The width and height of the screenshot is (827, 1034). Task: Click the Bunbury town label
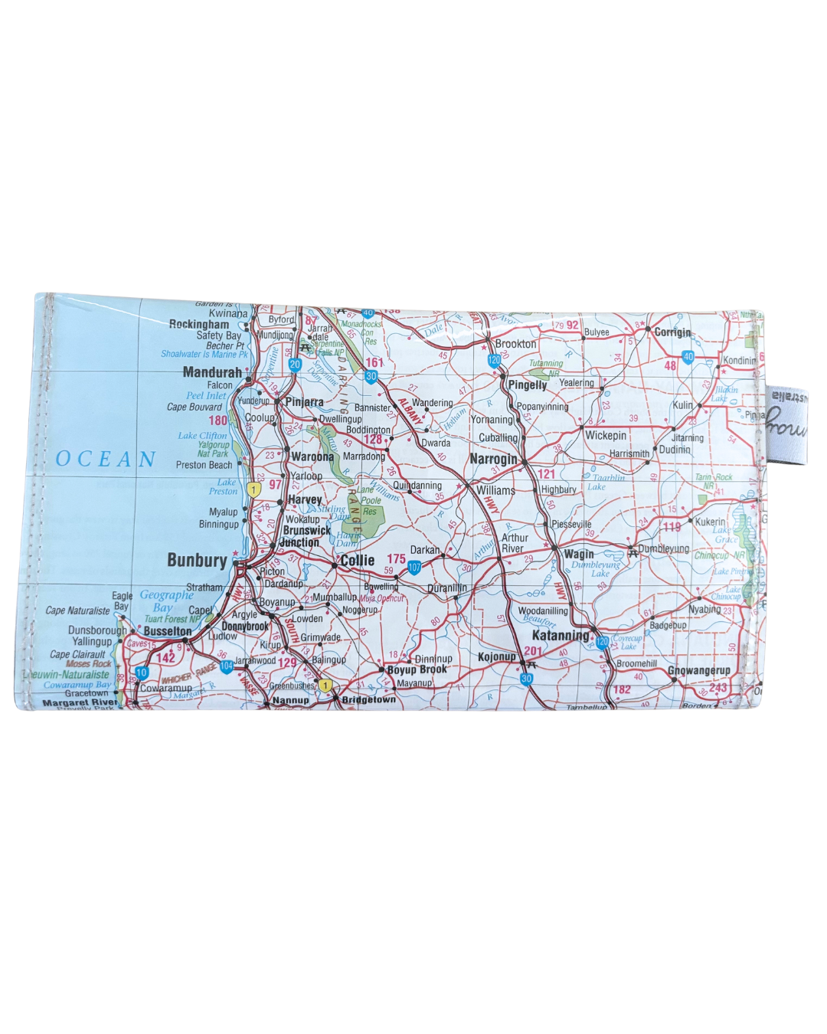coord(197,561)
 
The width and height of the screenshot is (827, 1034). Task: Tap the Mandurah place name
coord(212,372)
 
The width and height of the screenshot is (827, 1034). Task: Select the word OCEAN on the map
coord(106,459)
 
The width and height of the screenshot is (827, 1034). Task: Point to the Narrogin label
coord(493,459)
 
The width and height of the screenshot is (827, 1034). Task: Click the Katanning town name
coord(561,636)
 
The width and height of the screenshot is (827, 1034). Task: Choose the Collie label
coord(358,560)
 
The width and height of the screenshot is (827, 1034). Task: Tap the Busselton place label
coord(168,631)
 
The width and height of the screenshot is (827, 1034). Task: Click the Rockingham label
coord(198,324)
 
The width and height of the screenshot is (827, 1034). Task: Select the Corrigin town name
coord(672,332)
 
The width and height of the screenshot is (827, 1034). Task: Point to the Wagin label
coord(579,554)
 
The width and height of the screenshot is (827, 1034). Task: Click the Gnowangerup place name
coord(698,670)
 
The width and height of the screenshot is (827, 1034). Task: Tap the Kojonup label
coord(497,656)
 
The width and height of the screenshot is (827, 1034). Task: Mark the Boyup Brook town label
coord(417,669)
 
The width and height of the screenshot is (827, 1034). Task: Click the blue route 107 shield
coord(414,568)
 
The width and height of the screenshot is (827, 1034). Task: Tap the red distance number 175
coord(396,559)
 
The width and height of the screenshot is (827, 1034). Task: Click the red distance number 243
coord(717,688)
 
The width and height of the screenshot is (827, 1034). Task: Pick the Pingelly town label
coord(528,384)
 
